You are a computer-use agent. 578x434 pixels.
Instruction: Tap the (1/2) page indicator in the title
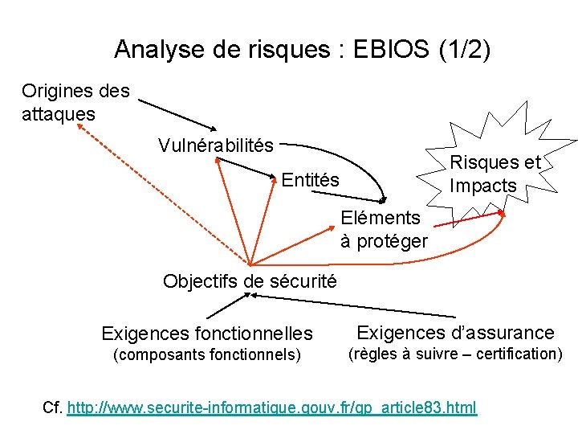(x=465, y=50)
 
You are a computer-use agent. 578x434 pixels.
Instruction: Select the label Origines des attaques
(x=75, y=102)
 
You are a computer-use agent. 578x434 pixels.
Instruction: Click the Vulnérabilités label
(x=216, y=145)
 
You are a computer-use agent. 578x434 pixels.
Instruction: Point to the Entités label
(x=311, y=180)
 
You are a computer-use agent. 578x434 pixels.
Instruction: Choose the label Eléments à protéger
(x=384, y=229)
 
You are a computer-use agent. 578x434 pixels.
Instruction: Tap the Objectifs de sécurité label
(x=250, y=281)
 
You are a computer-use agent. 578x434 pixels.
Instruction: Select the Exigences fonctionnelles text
(x=207, y=333)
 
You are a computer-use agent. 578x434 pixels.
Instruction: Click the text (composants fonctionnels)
(x=207, y=354)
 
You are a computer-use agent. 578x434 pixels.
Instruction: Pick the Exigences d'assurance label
(x=455, y=333)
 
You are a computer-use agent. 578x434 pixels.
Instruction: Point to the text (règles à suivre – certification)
(x=454, y=354)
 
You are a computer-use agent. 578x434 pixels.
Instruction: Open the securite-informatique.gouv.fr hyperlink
(x=272, y=407)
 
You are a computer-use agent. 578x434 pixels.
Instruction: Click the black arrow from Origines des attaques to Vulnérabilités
(x=179, y=115)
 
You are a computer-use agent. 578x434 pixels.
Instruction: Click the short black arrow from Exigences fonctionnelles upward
(x=227, y=308)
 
